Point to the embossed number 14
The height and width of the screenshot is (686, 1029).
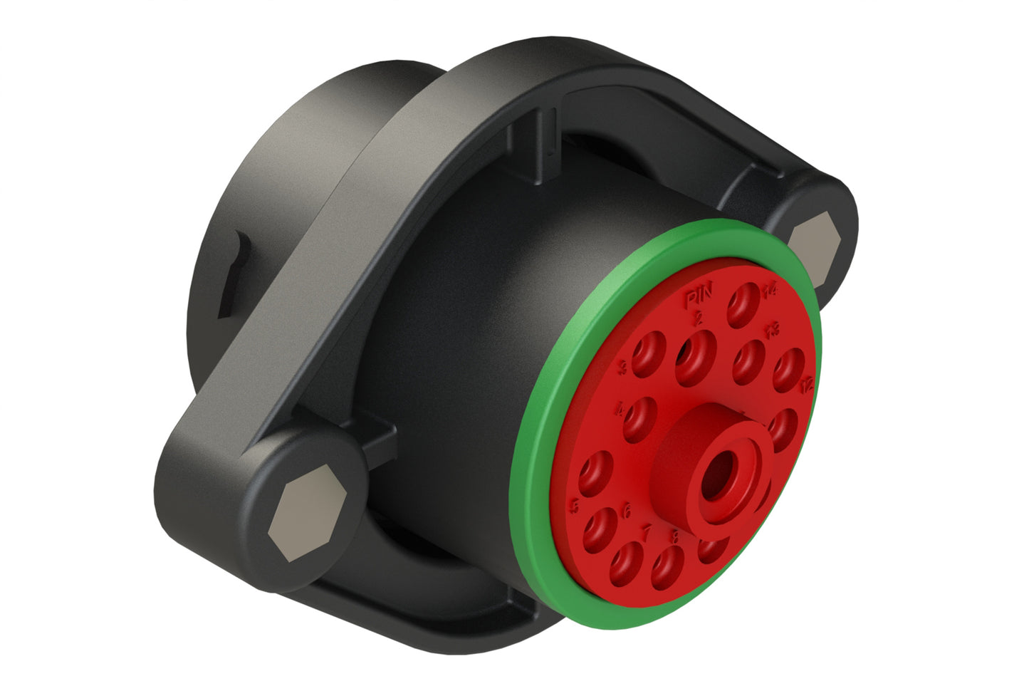pyautogui.click(x=769, y=290)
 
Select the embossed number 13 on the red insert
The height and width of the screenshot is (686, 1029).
pyautogui.click(x=772, y=329)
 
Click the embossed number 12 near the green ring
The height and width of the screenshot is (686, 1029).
pyautogui.click(x=805, y=385)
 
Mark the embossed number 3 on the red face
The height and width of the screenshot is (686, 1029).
pyautogui.click(x=623, y=368)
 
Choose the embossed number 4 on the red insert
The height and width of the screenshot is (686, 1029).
pyautogui.click(x=620, y=410)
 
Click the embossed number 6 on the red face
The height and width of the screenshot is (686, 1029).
pyautogui.click(x=627, y=510)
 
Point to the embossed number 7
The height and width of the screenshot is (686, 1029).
pyautogui.click(x=647, y=531)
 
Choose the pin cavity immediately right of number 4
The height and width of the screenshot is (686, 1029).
pyautogui.click(x=641, y=417)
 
